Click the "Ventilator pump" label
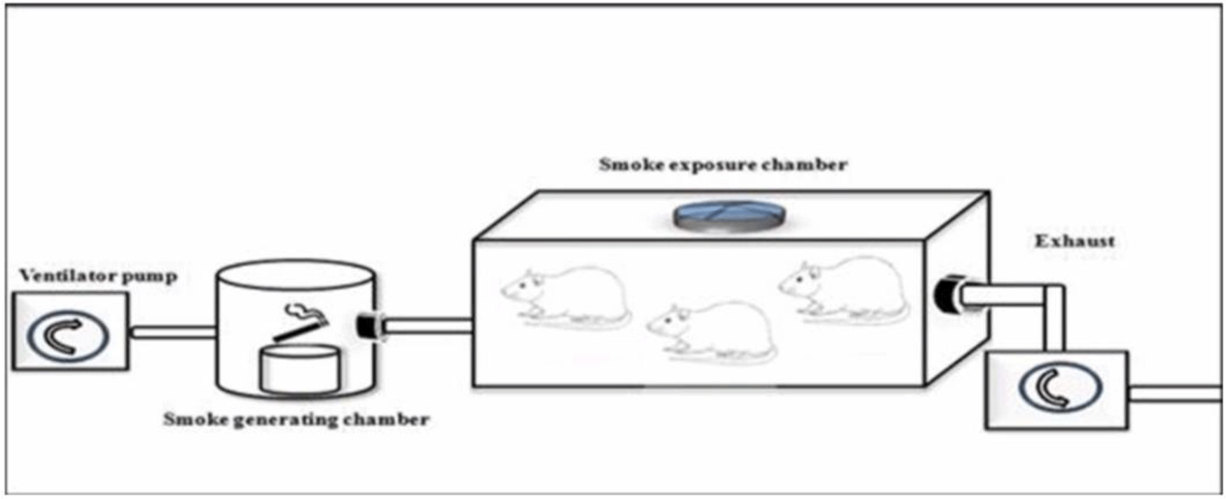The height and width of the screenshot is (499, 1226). tap(98, 276)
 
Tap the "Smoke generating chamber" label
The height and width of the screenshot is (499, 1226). tap(296, 420)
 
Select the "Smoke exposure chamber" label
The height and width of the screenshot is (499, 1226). tap(723, 165)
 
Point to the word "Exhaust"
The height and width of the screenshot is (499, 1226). tap(1075, 241)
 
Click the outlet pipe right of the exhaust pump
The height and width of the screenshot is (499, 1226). tap(1176, 395)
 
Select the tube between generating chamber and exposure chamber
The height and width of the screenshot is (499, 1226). tap(427, 326)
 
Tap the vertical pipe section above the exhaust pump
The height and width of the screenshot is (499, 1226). tap(1054, 318)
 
